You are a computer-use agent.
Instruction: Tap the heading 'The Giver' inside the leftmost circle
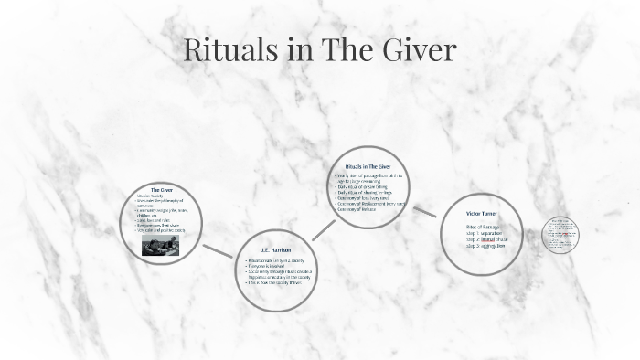pyautogui.click(x=161, y=189)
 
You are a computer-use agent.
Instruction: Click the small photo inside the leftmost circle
pyautogui.click(x=162, y=247)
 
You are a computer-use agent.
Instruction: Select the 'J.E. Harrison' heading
pyautogui.click(x=277, y=249)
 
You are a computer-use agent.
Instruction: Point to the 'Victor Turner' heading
pyautogui.click(x=482, y=214)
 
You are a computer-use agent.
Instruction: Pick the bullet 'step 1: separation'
pyautogui.click(x=482, y=233)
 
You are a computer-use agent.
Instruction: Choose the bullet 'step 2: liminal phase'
pyautogui.click(x=485, y=239)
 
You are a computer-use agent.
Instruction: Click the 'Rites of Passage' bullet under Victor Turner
pyautogui.click(x=483, y=226)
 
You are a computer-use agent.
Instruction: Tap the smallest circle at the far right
pyautogui.click(x=560, y=235)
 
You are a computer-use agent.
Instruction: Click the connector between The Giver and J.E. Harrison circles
pyautogui.click(x=218, y=250)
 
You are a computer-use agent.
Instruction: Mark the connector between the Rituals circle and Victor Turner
pyautogui.click(x=424, y=212)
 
